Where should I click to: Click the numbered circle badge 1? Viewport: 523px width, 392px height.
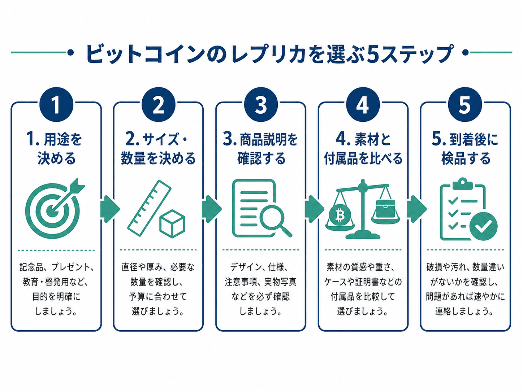56,104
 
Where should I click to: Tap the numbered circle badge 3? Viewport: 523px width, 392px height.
261,104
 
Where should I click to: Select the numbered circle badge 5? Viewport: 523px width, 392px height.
465,104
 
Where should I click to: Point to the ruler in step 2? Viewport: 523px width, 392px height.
150,208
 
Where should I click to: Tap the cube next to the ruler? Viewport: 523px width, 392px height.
172,224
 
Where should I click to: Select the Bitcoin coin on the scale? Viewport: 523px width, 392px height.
340,215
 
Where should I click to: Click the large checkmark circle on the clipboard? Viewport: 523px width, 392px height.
483,226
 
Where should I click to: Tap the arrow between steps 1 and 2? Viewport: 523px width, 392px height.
109,209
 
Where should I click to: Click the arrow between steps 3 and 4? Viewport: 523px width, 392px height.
314,209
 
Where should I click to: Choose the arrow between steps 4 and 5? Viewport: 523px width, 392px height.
416,209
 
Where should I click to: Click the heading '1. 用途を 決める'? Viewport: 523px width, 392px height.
55,148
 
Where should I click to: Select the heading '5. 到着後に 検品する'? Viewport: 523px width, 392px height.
465,148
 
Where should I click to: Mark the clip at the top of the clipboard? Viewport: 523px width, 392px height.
462,184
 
